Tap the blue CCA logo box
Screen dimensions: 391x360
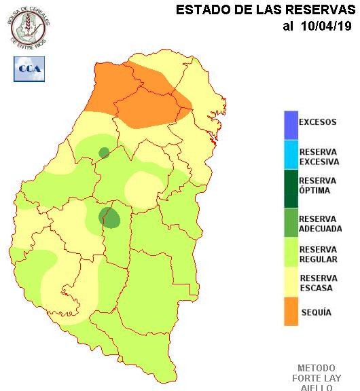[29, 69]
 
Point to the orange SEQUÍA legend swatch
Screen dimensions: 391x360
[291, 312]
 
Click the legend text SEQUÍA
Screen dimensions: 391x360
[315, 312]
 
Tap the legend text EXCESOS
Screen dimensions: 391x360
[318, 123]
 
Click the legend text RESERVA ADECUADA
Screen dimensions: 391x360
[320, 224]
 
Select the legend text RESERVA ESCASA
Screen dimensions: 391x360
[319, 283]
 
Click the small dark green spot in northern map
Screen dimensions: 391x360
[104, 153]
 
